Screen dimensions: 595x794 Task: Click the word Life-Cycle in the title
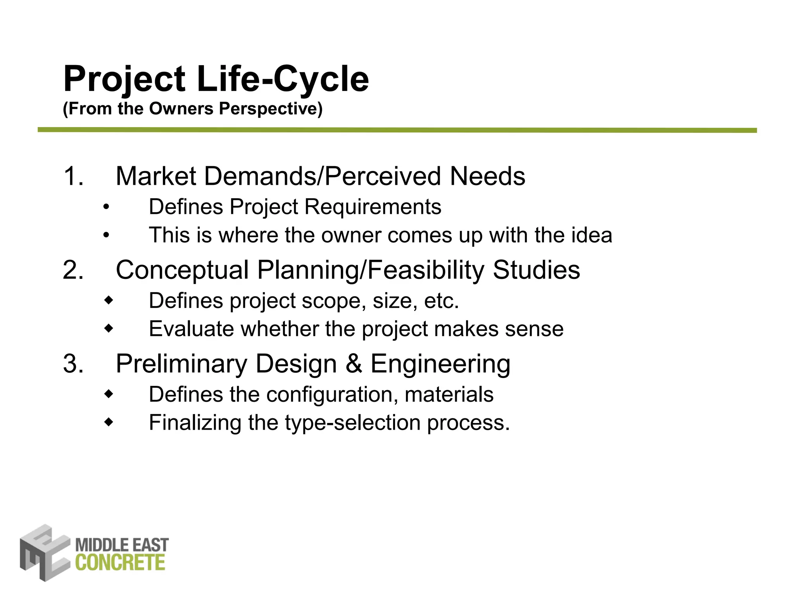click(x=283, y=79)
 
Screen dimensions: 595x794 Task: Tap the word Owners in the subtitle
click(x=181, y=109)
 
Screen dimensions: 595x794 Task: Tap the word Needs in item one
click(x=487, y=176)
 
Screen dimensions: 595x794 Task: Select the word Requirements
click(x=373, y=207)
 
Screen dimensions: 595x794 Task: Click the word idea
click(x=592, y=235)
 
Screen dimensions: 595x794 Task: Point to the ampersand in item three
click(x=353, y=364)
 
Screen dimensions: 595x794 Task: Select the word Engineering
click(x=440, y=365)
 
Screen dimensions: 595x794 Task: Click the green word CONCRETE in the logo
click(x=120, y=562)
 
